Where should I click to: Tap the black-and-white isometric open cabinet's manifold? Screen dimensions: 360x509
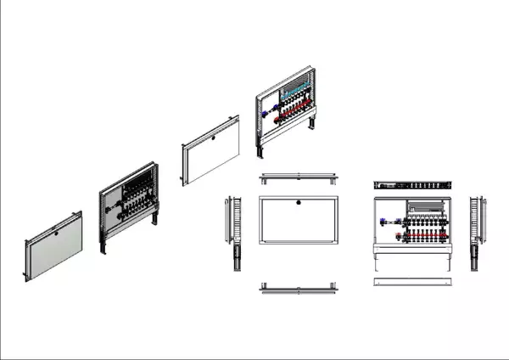[135, 205]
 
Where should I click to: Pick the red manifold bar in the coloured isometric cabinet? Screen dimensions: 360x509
[293, 110]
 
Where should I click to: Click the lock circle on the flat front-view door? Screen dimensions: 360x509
[300, 203]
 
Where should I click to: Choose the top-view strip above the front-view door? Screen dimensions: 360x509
[300, 178]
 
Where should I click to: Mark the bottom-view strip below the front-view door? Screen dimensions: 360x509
[300, 286]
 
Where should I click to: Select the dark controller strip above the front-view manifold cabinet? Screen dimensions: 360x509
[415, 184]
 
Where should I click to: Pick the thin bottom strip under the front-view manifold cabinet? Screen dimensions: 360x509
[415, 281]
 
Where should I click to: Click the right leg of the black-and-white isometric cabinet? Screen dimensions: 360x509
[156, 219]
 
